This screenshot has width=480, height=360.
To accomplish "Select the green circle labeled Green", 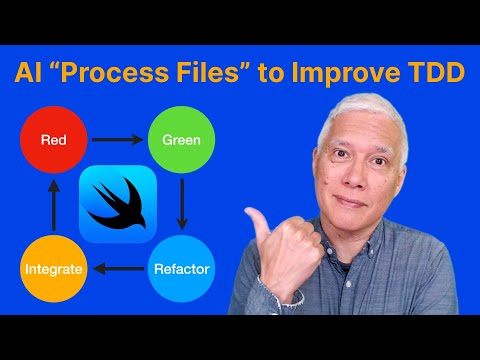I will (181, 139).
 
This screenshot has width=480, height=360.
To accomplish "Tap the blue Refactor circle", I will (181, 267).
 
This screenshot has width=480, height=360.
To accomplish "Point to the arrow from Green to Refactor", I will (181, 204).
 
